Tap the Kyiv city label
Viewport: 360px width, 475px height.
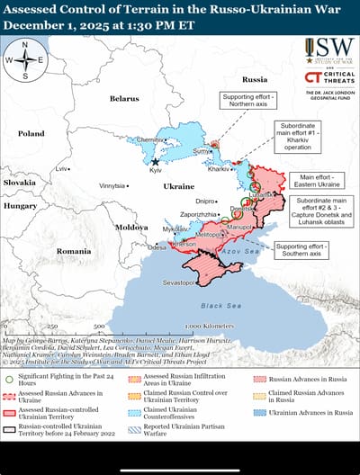pos(156,170)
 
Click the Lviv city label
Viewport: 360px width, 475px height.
pos(61,168)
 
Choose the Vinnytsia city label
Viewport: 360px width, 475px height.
pos(112,185)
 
